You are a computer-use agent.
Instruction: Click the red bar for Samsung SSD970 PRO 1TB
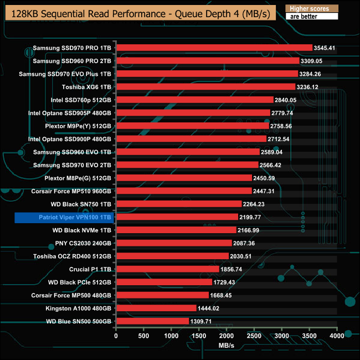214,48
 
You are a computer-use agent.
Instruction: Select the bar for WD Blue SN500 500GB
152,321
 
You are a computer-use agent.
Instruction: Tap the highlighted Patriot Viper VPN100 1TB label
64,217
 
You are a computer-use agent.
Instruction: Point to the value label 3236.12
307,86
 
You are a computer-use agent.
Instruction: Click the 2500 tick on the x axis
254,335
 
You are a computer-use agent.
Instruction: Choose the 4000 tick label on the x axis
337,335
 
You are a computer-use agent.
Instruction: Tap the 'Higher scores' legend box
311,8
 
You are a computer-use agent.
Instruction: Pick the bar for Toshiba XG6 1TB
205,86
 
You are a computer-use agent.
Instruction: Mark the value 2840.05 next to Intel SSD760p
285,100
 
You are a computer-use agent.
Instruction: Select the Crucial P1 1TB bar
167,269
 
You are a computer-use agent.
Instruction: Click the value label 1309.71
201,321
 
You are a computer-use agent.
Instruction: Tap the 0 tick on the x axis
116,335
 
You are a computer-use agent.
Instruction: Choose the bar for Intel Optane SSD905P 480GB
193,112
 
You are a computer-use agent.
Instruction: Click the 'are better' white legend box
311,17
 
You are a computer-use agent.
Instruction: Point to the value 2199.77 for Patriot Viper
250,217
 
